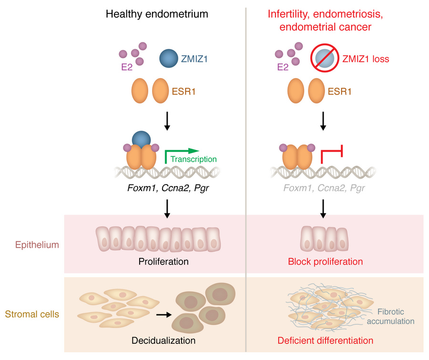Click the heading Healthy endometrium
(164, 14)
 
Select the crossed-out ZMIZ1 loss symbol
(326, 59)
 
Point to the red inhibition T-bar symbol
(332, 153)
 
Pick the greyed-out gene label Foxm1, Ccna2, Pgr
(324, 187)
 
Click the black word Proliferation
(163, 261)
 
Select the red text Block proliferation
(325, 261)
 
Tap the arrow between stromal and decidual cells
(162, 315)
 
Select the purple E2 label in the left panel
(126, 67)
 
